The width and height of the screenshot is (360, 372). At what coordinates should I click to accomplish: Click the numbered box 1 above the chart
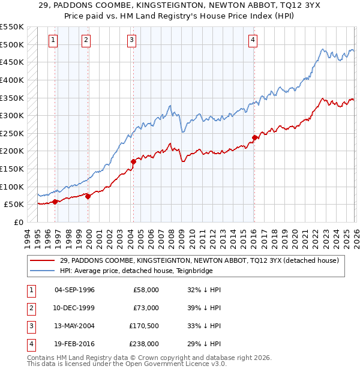[53, 40]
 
